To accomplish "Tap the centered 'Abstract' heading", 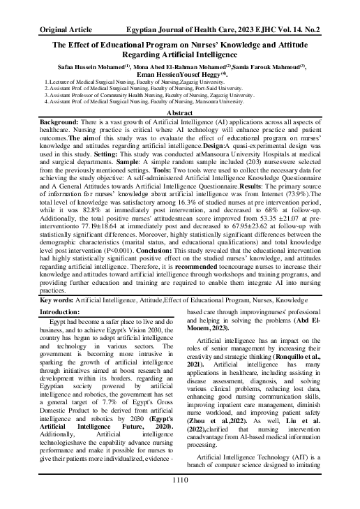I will pos(179,113).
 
